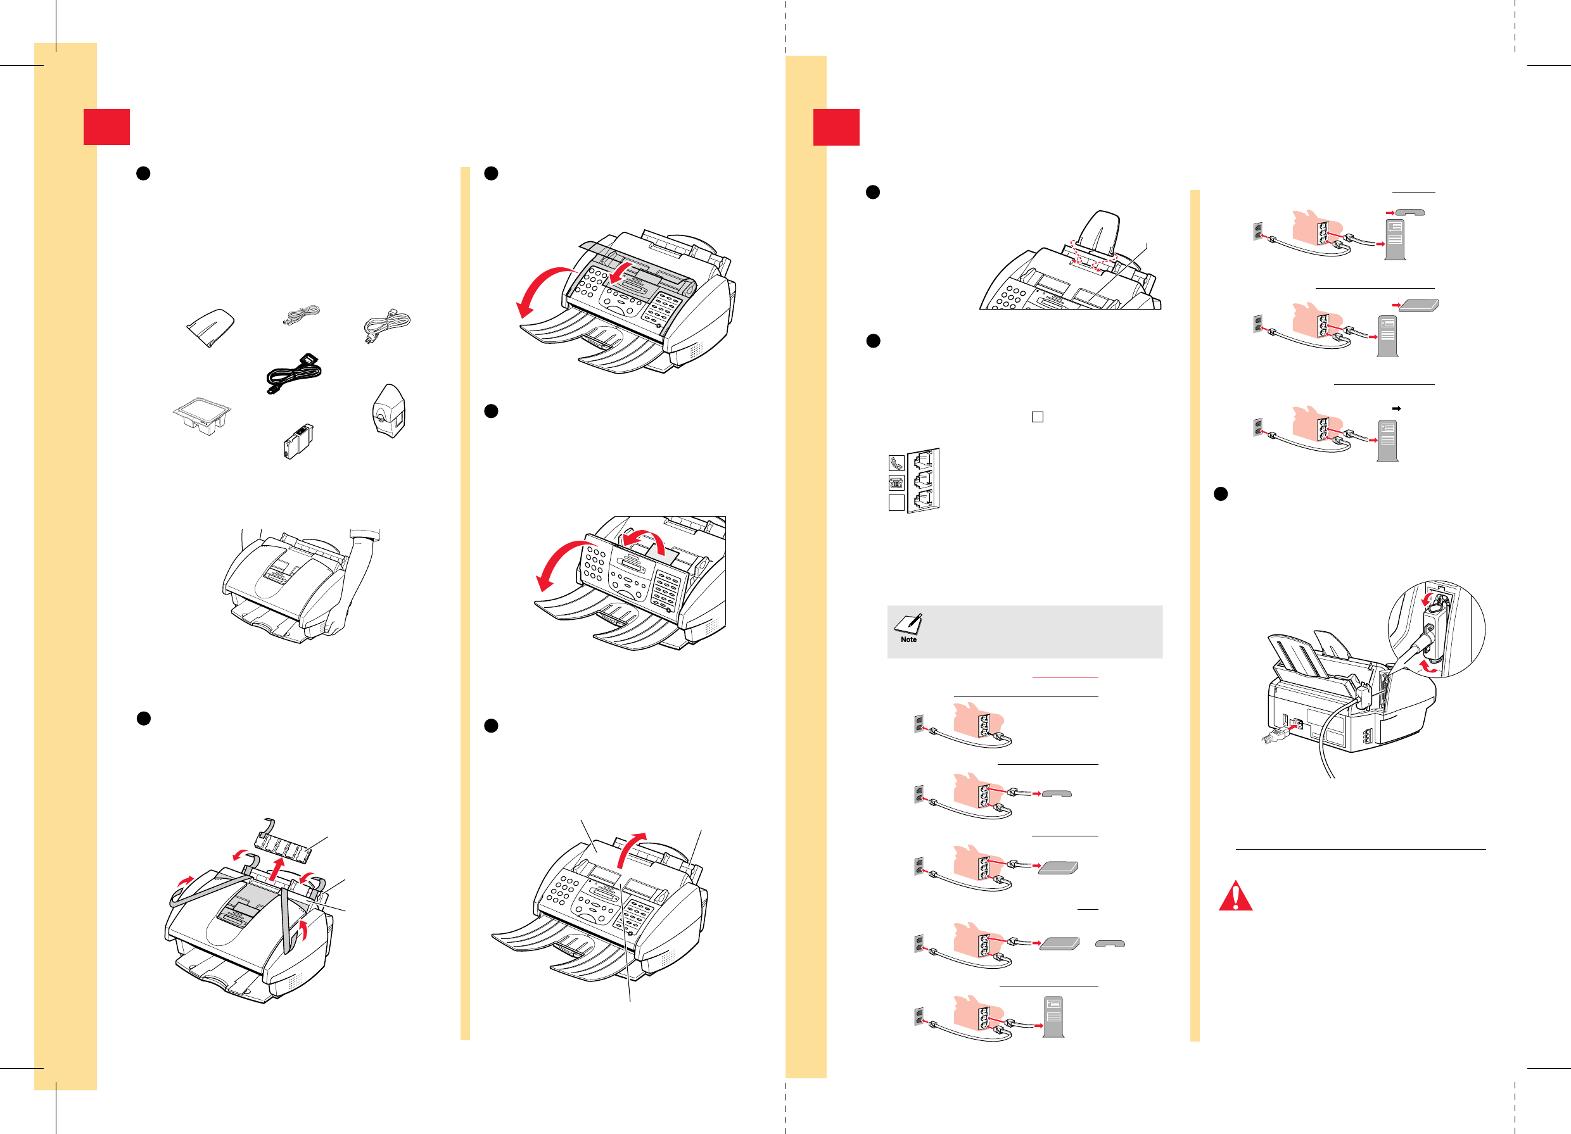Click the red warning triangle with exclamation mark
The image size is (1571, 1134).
pos(1235,897)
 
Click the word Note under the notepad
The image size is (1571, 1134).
pos(908,639)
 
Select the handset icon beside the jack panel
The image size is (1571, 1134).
pos(896,463)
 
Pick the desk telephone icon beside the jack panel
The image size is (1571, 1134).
pos(896,483)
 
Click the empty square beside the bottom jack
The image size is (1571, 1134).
pos(896,503)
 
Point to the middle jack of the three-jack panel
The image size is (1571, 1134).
pos(924,479)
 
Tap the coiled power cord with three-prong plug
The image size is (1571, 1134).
pos(386,325)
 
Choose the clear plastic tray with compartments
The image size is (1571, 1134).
pos(201,415)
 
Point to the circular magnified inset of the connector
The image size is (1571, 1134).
pos(1436,629)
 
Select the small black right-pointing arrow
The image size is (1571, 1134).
pos(1396,408)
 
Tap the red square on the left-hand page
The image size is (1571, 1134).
pos(106,127)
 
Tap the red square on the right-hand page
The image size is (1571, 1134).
pos(836,127)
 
